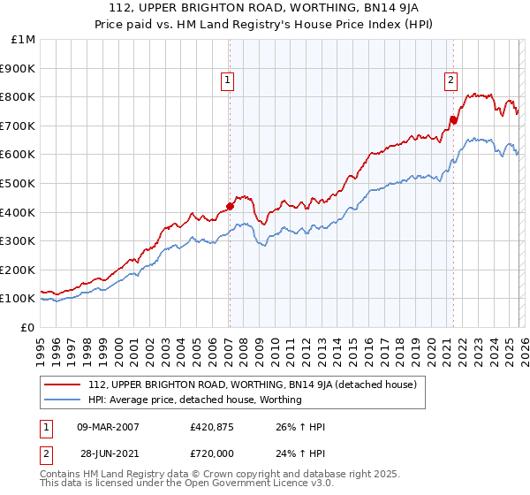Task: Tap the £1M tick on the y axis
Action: click(x=24, y=40)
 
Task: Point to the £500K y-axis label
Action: click(x=19, y=183)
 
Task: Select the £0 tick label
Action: click(x=28, y=327)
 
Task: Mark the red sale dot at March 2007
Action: click(x=230, y=206)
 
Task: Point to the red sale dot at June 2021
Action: click(x=453, y=119)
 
